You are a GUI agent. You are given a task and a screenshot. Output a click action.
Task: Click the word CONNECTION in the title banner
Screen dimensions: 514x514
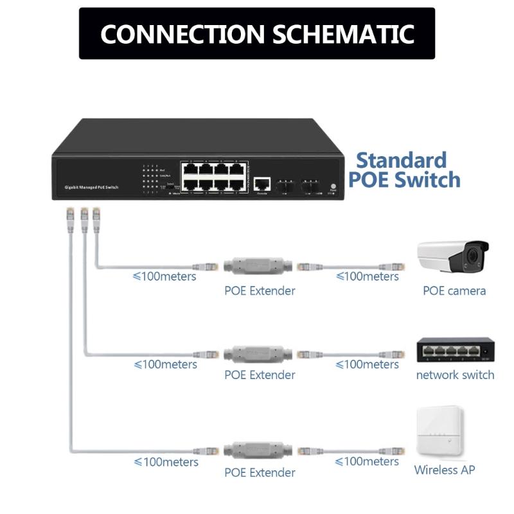coord(182,33)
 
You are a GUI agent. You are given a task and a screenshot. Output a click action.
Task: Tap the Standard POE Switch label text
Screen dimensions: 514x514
coord(403,170)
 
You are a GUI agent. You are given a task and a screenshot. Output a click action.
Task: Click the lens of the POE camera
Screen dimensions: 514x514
coord(474,256)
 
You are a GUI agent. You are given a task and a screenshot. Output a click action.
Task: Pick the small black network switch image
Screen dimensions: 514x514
coord(454,350)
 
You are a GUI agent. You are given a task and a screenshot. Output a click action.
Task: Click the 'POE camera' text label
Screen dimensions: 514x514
coord(454,290)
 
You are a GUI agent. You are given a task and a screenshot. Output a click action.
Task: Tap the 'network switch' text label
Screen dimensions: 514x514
coord(455,375)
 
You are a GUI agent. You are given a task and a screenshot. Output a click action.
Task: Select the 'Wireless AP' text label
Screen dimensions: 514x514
coord(445,470)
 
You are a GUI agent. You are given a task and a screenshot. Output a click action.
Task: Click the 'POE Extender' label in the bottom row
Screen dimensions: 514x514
coord(260,472)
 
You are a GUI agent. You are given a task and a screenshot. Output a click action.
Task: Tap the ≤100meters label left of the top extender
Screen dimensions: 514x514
coord(164,276)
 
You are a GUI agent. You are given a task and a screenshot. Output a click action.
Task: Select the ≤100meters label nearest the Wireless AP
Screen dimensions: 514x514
coord(367,461)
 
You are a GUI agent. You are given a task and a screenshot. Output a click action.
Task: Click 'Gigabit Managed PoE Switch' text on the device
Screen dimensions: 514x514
coord(91,186)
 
